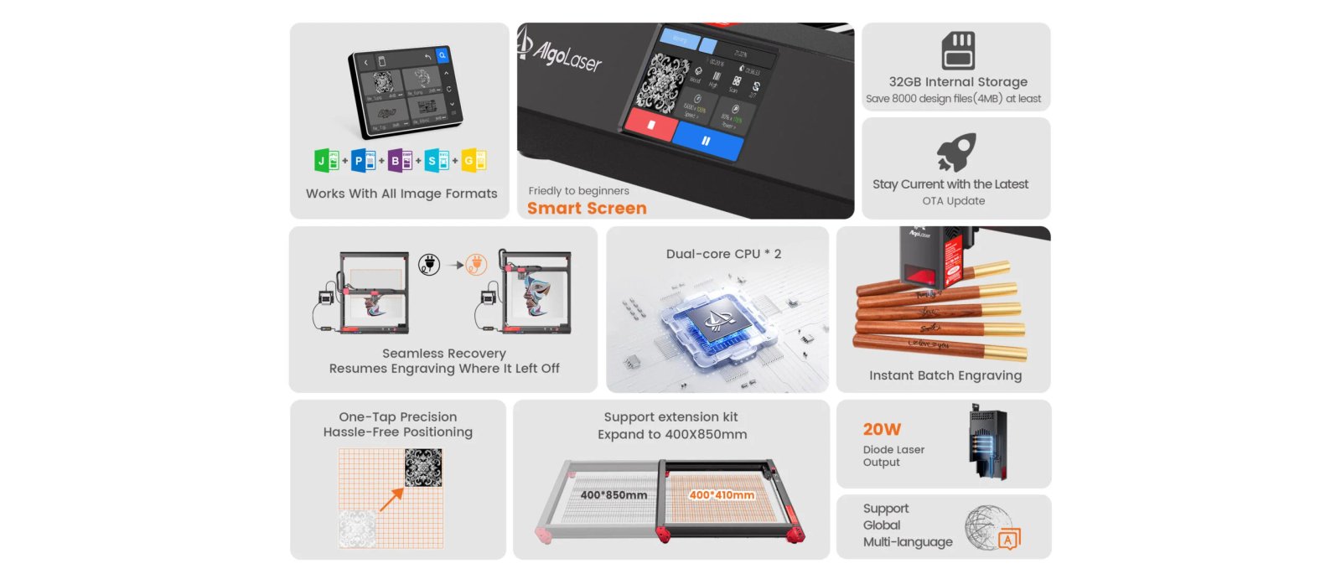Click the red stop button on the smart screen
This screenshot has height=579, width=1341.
(x=651, y=125)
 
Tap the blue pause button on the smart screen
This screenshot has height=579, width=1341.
(x=707, y=141)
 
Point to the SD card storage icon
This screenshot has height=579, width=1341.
(x=957, y=50)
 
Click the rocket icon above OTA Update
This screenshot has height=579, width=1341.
(x=956, y=153)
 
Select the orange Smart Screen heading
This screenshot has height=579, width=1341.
(x=587, y=208)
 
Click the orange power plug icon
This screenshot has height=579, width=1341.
(x=476, y=265)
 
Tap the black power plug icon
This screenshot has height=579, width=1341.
(x=429, y=265)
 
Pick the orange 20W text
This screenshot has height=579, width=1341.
(x=882, y=429)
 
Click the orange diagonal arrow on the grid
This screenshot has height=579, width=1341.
(x=391, y=499)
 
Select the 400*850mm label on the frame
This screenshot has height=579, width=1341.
(x=614, y=495)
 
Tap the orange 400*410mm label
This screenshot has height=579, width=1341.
(x=722, y=495)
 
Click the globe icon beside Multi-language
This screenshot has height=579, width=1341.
(x=986, y=527)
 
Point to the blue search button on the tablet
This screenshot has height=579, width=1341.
(x=443, y=55)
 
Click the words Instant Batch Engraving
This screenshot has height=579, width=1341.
(x=945, y=375)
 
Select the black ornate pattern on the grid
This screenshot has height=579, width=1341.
(x=423, y=468)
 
